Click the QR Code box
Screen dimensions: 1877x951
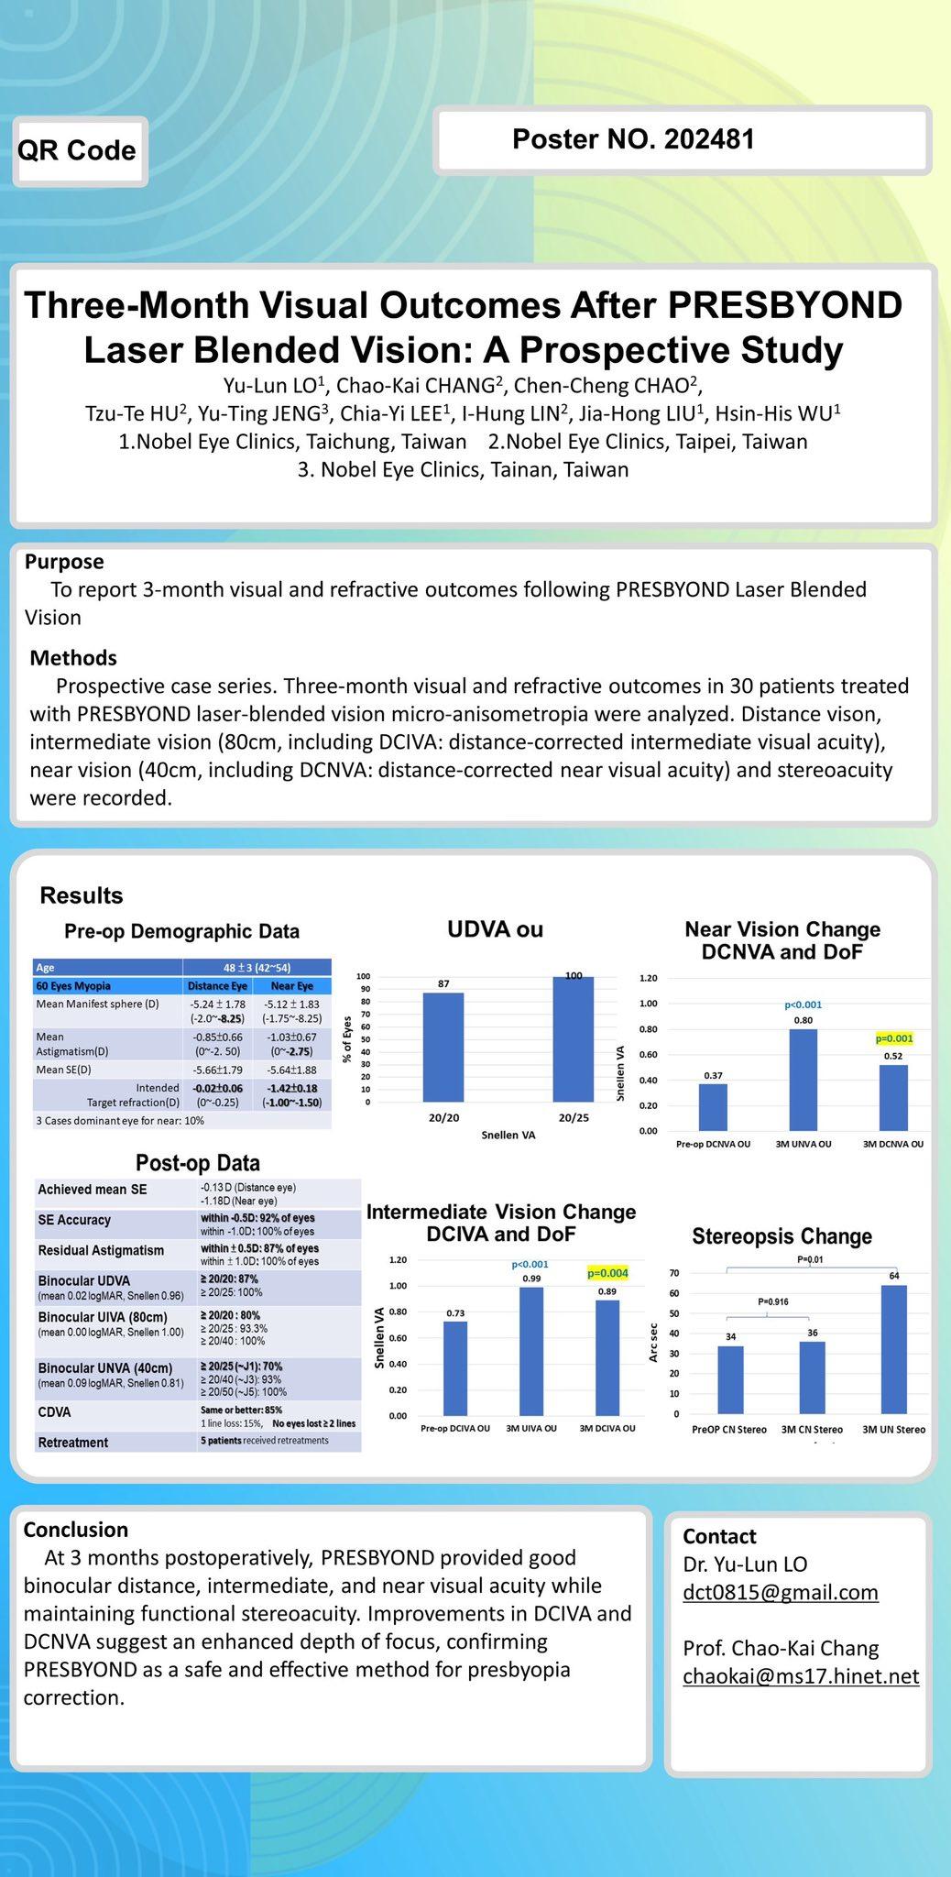[79, 151]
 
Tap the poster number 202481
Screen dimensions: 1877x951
[633, 139]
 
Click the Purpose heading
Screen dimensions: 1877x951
[64, 561]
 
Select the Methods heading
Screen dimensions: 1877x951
[73, 657]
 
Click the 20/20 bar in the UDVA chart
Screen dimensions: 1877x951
[443, 1047]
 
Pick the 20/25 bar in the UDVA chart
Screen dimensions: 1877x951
[574, 1038]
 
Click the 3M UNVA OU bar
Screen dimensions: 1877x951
[803, 1080]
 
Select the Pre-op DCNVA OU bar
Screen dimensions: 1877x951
[713, 1107]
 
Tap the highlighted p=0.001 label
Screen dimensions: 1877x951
[894, 1038]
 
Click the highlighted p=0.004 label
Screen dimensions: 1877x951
[607, 1273]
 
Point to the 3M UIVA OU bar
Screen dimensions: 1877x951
[531, 1351]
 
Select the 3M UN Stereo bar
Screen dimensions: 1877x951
[894, 1349]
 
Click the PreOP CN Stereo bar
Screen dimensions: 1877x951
[730, 1379]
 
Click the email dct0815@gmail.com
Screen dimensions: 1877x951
[781, 1592]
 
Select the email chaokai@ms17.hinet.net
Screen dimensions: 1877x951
[801, 1676]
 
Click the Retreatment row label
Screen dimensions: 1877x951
[73, 1443]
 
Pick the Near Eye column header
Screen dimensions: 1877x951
[292, 986]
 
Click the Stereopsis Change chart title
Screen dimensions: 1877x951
[782, 1236]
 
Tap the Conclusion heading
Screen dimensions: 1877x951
[75, 1530]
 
